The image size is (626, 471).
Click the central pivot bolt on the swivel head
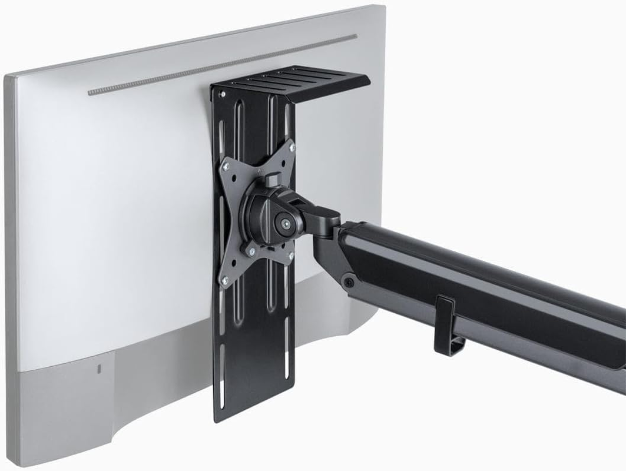(x=285, y=224)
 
